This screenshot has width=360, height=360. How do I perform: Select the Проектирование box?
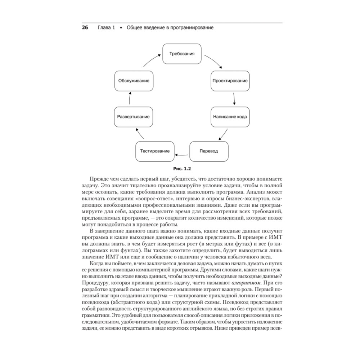click(229, 81)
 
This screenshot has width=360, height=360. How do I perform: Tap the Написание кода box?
click(230, 117)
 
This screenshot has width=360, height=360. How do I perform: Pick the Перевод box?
click(209, 151)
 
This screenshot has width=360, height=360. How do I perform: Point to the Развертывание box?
click(133, 117)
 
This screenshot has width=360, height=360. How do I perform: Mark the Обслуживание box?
click(133, 81)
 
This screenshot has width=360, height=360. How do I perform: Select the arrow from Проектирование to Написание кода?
click(234, 99)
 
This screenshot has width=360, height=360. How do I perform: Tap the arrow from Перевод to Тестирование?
click(182, 155)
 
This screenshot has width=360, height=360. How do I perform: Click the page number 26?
click(85, 28)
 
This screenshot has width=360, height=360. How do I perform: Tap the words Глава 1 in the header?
click(106, 28)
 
